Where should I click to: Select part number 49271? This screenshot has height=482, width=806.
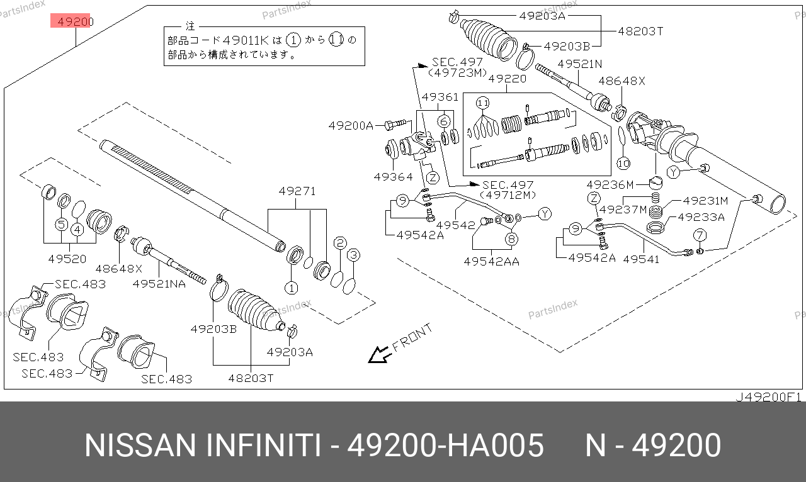[x=297, y=191]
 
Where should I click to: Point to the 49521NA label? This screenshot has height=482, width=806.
[x=159, y=284]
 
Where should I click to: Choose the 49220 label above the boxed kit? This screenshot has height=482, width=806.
[x=506, y=79]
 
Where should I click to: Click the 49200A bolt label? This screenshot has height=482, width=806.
[x=351, y=126]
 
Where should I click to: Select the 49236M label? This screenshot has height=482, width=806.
[x=610, y=185]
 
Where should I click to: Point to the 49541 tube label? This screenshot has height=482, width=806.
[x=641, y=259]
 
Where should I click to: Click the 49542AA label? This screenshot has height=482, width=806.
[x=491, y=261]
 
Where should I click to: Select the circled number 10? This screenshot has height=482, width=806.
[x=623, y=164]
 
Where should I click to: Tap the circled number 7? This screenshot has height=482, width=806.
[x=700, y=235]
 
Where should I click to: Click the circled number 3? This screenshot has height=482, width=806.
[x=353, y=255]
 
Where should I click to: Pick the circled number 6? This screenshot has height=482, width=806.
[x=445, y=121]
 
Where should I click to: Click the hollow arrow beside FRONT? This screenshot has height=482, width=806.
[x=379, y=356]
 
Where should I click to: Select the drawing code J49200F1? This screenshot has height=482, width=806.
[x=768, y=397]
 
